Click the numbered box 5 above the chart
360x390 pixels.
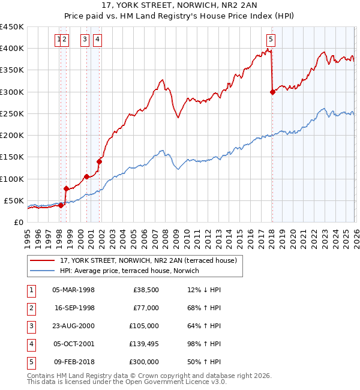(271, 40)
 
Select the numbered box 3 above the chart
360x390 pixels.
(85, 40)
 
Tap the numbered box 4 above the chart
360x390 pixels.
(97, 40)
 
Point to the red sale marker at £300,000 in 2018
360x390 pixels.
(272, 92)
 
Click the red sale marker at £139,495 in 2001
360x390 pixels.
(100, 161)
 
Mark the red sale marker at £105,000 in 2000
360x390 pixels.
(87, 176)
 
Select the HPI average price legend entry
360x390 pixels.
(133, 271)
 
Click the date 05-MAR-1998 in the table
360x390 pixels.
(73, 290)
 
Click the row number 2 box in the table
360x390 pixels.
(31, 308)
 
